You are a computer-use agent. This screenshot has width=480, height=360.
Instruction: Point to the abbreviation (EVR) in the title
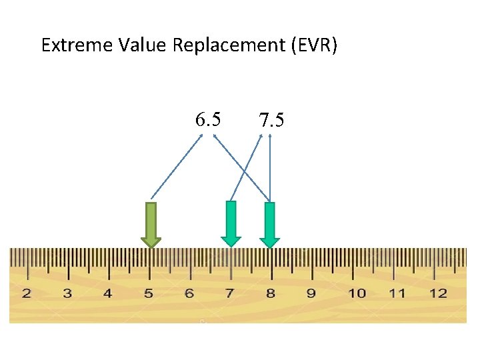click(x=314, y=45)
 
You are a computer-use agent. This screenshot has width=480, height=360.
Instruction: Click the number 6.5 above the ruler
click(x=208, y=119)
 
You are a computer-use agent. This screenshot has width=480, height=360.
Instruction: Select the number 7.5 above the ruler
click(x=271, y=120)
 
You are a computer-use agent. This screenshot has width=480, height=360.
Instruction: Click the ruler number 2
click(x=27, y=293)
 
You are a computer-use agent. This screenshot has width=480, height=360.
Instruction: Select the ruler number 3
click(x=67, y=293)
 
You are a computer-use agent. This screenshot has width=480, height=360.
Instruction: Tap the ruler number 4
click(x=108, y=293)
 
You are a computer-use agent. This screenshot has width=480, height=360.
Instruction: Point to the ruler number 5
click(x=149, y=293)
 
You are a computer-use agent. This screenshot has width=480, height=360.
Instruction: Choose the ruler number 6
click(x=189, y=293)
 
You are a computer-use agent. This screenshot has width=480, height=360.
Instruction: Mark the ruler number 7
click(x=230, y=293)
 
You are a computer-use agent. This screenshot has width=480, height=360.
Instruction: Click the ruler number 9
click(x=311, y=293)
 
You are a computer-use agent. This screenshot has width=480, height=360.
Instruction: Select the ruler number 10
click(x=357, y=293)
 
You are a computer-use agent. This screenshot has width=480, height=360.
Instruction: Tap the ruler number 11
click(x=397, y=293)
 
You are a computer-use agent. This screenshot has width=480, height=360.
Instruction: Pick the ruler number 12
click(x=438, y=293)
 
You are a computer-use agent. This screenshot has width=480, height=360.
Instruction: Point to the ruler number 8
click(x=270, y=293)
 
